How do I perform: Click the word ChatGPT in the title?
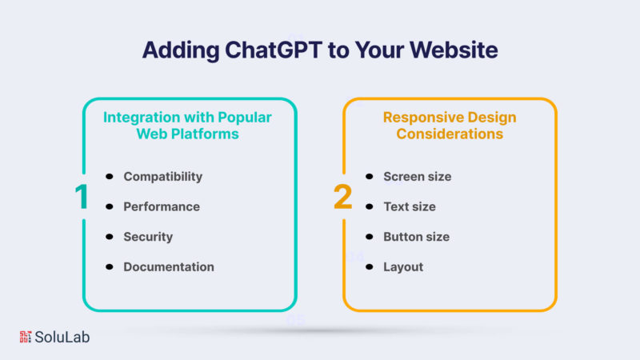coord(274,50)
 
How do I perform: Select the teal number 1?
coord(82,197)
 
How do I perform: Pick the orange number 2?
coord(343,197)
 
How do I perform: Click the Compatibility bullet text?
coord(163,177)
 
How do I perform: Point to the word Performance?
coord(162,206)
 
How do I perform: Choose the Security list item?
coord(148,237)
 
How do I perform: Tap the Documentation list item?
coord(169,267)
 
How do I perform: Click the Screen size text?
coord(417,177)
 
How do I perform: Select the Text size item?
coord(410,206)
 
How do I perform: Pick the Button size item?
coord(416,237)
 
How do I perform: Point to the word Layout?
coord(403,267)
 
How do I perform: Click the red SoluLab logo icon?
coord(26,337)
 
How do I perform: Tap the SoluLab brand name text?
coord(62,337)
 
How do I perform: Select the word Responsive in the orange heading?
coord(423,118)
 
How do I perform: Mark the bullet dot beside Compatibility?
coord(109,176)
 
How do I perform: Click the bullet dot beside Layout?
coord(370,267)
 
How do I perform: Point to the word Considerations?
coord(450,134)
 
